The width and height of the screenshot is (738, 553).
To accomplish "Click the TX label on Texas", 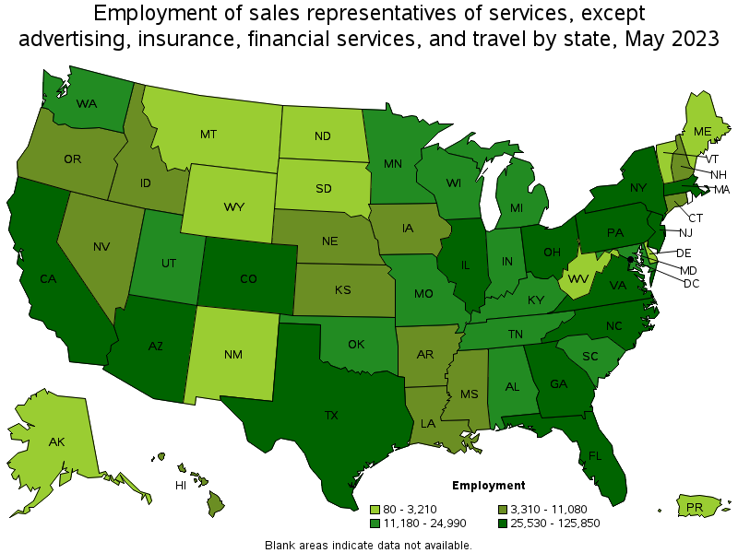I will pyautogui.click(x=331, y=415).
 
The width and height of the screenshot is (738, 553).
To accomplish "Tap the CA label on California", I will pyautogui.click(x=47, y=278).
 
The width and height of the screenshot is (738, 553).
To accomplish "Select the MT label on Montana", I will pyautogui.click(x=208, y=134).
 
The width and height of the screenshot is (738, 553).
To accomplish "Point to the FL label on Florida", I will pyautogui.click(x=596, y=455).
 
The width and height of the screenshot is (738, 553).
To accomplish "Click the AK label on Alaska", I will pyautogui.click(x=57, y=442).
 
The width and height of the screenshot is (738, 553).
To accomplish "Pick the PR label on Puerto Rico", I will pyautogui.click(x=696, y=507).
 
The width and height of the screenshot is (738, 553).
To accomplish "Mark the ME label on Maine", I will pyautogui.click(x=703, y=132).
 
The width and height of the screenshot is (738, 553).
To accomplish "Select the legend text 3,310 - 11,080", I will pyautogui.click(x=550, y=509).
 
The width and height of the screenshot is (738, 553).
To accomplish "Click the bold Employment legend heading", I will pyautogui.click(x=489, y=485).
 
